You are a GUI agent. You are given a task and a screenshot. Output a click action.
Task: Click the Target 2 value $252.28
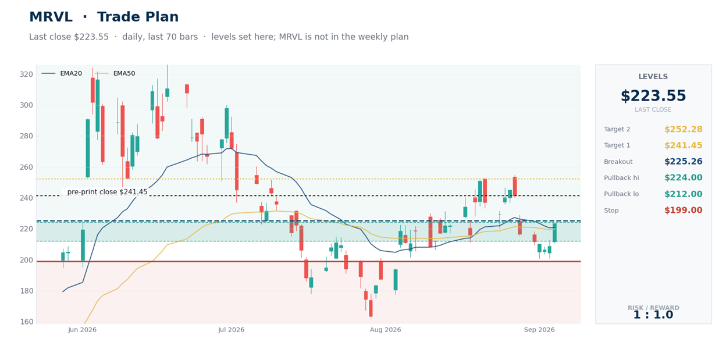(683, 129)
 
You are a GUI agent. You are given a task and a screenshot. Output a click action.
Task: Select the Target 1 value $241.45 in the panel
(683, 145)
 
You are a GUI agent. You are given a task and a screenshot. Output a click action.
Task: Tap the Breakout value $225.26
(683, 162)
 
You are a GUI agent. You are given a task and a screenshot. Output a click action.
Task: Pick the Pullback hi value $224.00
(683, 178)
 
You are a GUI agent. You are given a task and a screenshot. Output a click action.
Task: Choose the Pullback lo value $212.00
(683, 194)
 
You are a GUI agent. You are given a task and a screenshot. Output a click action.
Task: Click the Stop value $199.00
(683, 211)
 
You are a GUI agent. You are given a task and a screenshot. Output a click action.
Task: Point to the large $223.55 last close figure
(653, 96)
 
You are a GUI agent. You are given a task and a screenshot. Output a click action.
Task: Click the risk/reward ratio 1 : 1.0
(653, 315)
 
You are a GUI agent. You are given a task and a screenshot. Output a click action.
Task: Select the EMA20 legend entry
(62, 73)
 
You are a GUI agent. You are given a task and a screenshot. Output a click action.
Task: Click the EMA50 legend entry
(116, 73)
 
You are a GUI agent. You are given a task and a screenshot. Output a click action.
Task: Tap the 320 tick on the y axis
(26, 74)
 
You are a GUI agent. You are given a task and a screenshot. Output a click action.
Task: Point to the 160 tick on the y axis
(26, 322)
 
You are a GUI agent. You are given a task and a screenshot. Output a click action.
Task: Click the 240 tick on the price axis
(26, 198)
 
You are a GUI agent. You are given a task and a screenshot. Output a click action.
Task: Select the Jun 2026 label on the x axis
(83, 330)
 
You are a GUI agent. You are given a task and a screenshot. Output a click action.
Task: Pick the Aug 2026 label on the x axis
(385, 330)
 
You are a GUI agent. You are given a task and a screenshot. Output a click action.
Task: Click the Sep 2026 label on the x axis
(539, 330)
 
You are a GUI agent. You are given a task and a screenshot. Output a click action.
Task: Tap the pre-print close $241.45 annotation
(107, 192)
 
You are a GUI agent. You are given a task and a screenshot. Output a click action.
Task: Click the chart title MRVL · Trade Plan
(104, 17)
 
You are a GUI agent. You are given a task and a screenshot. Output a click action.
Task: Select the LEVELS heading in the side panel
(653, 77)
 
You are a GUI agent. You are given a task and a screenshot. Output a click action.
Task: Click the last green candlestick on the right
(554, 233)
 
